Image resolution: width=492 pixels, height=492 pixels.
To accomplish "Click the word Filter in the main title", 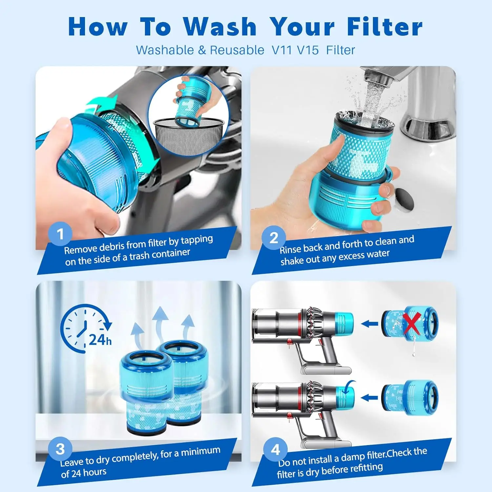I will coord(384,27).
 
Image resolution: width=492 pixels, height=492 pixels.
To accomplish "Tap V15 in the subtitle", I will coord(308,50).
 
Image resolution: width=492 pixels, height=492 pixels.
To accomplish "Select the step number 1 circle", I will coord(60,234).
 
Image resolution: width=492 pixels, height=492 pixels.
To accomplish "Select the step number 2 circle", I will coord(274,237).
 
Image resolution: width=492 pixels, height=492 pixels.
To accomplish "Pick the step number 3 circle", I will coord(60,449).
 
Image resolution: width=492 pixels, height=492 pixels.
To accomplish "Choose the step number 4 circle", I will coord(275,449).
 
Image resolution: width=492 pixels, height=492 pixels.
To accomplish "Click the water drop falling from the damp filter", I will coord(414,354).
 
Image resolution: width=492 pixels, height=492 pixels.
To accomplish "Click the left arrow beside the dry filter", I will coord(369,398).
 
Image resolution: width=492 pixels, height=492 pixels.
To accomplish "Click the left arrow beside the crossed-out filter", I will coord(369,324).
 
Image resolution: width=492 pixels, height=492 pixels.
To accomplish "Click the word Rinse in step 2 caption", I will coord(290,249).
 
